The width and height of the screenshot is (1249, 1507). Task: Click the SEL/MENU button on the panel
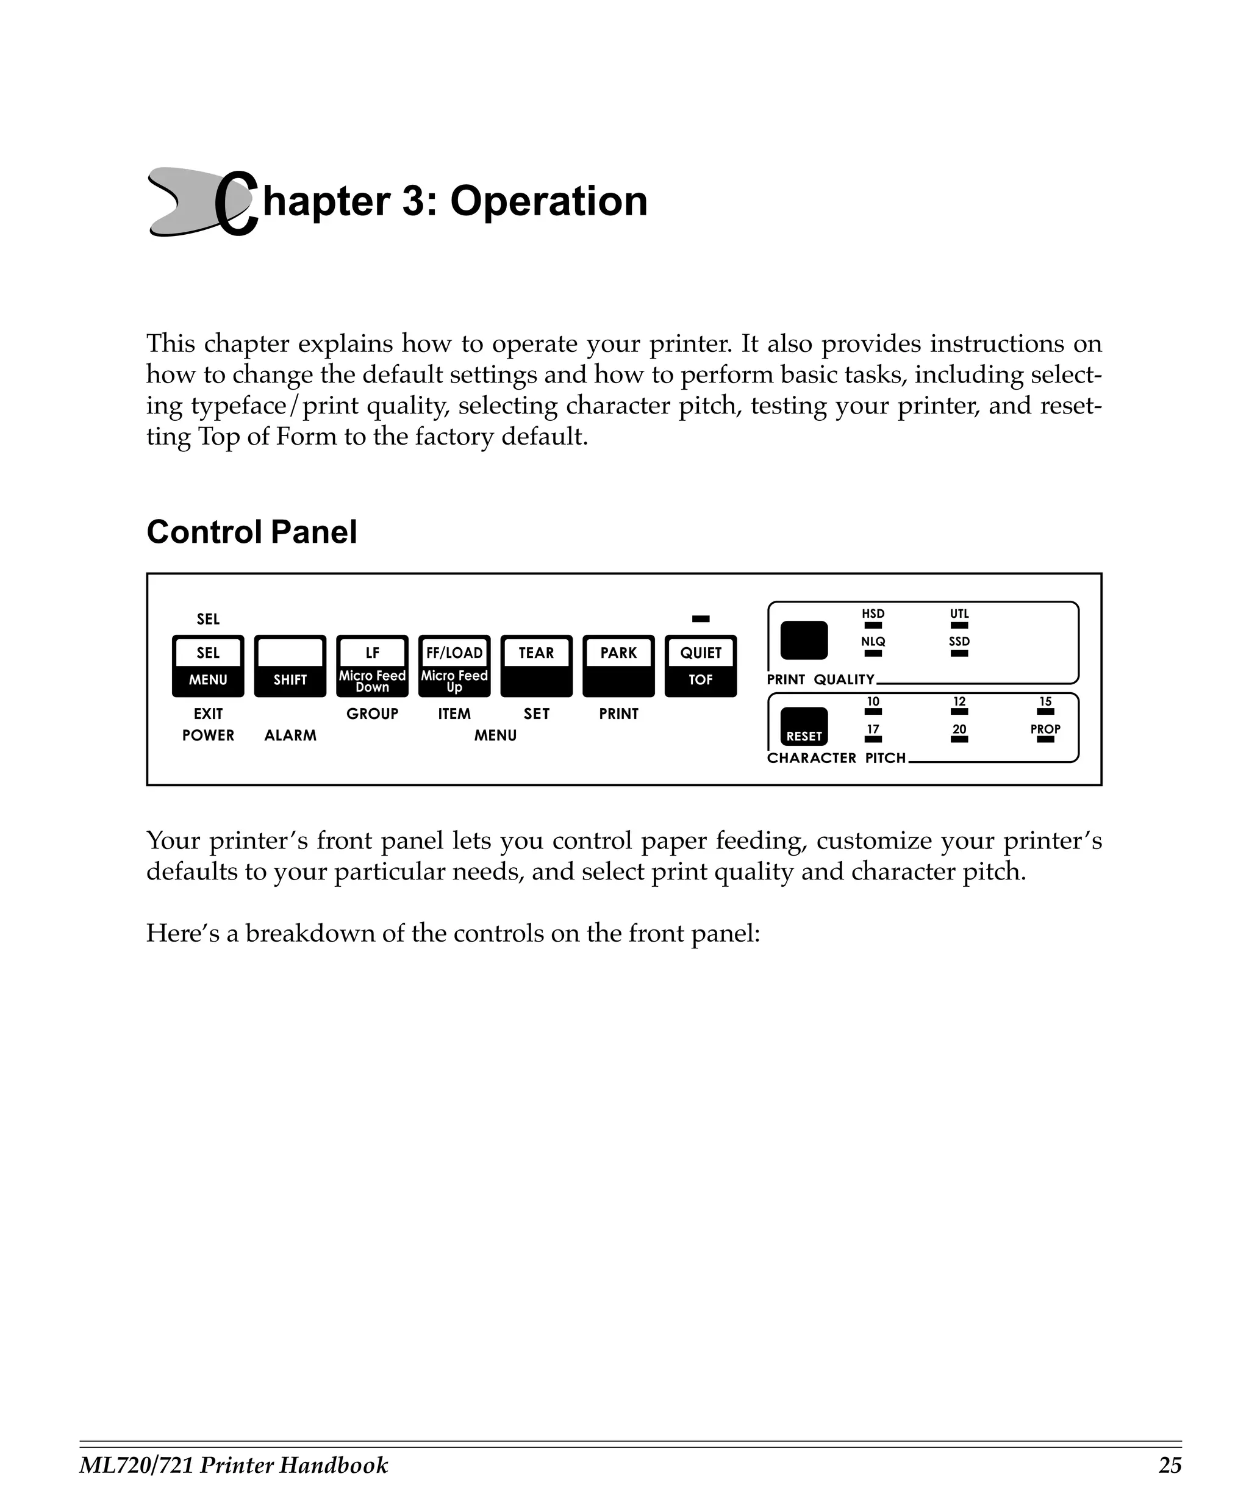coord(208,665)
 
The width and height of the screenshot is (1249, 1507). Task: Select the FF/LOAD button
coord(454,665)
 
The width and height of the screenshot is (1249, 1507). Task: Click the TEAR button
coord(536,665)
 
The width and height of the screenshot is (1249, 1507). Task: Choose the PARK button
coord(618,665)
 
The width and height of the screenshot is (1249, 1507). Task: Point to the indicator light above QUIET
coord(700,618)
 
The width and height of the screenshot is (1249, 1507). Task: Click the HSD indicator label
coord(873,614)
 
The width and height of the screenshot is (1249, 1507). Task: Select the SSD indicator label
coord(959,642)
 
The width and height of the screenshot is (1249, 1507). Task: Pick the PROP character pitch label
coord(1045,728)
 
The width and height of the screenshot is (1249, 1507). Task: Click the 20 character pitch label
coord(959,728)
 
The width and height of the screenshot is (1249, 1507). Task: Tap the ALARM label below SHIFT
coord(290,735)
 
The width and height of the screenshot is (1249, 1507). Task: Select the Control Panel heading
coord(251,532)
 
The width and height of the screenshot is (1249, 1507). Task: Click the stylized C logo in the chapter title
coord(235,203)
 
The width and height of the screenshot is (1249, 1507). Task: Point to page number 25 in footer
coord(1169,1465)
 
